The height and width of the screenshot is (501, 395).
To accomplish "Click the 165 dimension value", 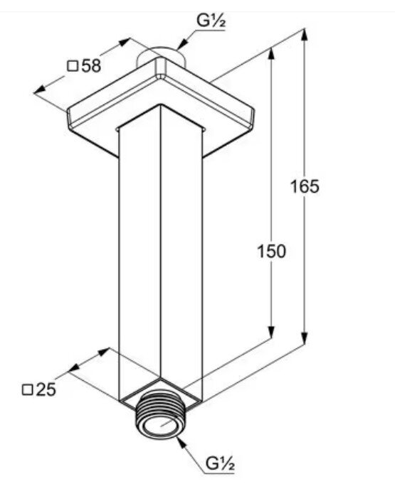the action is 305,187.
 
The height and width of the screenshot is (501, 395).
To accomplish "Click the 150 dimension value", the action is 271,252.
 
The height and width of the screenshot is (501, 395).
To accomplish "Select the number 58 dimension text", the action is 91,66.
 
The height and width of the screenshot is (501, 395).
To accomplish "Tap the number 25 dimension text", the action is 46,389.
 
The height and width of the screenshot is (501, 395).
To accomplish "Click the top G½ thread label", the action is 211,21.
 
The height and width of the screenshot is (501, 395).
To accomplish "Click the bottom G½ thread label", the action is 220,463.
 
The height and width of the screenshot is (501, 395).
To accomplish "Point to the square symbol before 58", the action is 73,66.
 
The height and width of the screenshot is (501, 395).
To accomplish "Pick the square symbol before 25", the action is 28,390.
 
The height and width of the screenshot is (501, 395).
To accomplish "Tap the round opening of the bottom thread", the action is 159,426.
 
